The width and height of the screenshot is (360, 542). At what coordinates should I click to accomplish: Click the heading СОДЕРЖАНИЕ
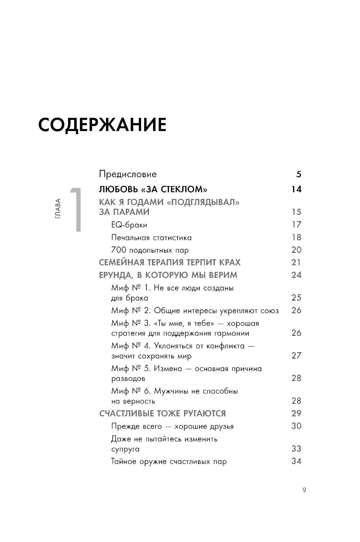(x=102, y=125)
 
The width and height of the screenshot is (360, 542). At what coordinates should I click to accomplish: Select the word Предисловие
(x=128, y=174)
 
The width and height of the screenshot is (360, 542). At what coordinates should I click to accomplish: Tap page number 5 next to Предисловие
(x=298, y=175)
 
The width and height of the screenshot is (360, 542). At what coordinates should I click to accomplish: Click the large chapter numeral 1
(x=76, y=209)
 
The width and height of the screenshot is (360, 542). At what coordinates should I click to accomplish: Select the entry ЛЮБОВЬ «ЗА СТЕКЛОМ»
(x=153, y=189)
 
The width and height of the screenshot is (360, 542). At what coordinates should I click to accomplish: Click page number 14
(x=296, y=189)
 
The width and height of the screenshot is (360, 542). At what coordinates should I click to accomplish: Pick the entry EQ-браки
(x=129, y=225)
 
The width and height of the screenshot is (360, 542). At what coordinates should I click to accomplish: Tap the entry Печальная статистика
(x=151, y=238)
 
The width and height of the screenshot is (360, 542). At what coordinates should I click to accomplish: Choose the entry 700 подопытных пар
(x=150, y=250)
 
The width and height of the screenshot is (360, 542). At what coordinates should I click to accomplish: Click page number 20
(x=296, y=250)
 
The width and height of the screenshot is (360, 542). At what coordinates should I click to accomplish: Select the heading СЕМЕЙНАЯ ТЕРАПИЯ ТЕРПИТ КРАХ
(x=170, y=262)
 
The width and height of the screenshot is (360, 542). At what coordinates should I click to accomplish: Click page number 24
(x=296, y=275)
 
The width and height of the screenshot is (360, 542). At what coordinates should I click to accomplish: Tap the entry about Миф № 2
(x=195, y=311)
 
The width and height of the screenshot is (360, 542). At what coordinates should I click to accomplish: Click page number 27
(x=296, y=356)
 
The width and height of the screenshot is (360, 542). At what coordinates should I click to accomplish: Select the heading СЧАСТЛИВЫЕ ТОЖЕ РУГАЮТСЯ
(x=162, y=414)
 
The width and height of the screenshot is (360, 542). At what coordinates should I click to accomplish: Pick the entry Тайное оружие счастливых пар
(x=169, y=461)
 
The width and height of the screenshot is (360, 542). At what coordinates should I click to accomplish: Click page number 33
(x=296, y=448)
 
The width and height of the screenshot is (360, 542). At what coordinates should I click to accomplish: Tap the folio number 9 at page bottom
(x=304, y=490)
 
